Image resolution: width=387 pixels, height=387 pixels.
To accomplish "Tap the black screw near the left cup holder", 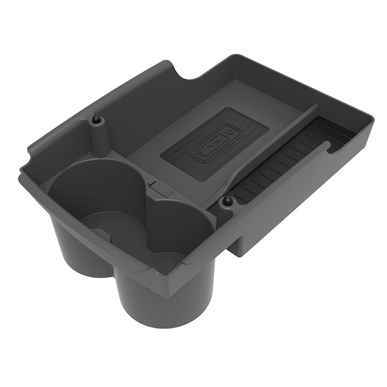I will (97, 119).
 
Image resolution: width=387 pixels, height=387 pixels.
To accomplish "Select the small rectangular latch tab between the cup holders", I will (160, 188).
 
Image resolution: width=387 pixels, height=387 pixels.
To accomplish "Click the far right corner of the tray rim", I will (372, 119).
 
